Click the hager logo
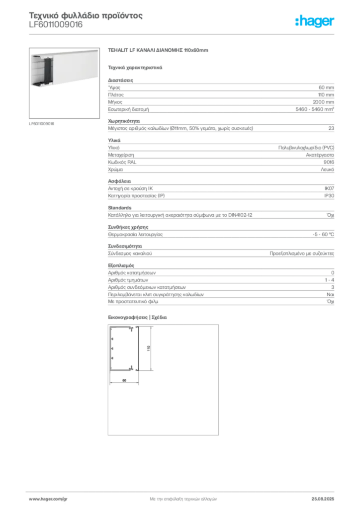tap(315, 21)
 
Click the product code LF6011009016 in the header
tap(56, 25)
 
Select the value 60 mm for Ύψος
tap(326, 87)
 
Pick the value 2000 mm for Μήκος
tap(323, 102)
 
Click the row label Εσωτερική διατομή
tap(129, 109)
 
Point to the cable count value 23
tap(331, 128)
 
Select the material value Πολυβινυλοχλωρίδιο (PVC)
tap(306, 148)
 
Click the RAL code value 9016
tap(329, 162)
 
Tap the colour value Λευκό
tap(328, 170)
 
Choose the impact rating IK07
tap(329, 188)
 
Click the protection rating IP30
tap(329, 196)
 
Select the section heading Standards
tap(120, 208)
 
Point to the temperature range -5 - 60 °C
tap(323, 235)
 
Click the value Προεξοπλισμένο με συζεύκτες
tap(302, 254)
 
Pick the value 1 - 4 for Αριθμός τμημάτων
tap(330, 280)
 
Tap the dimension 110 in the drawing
tap(149, 348)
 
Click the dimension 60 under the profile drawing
tap(124, 380)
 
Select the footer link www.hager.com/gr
tap(48, 499)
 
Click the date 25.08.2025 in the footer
tap(323, 499)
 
